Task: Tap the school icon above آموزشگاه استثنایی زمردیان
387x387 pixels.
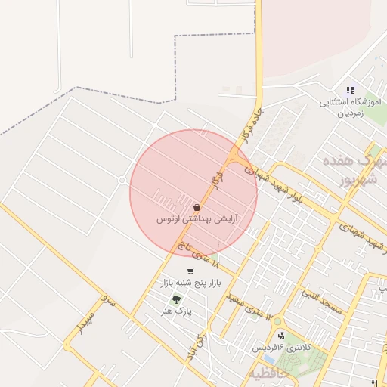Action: click(350, 90)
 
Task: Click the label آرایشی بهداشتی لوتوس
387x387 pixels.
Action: click(197, 219)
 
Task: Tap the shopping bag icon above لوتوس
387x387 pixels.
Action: click(197, 206)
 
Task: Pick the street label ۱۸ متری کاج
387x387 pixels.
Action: click(198, 255)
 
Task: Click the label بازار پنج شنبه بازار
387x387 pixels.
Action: click(186, 283)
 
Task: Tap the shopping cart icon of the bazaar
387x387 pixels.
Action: click(190, 271)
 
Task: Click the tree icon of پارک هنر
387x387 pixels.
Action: click(176, 299)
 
